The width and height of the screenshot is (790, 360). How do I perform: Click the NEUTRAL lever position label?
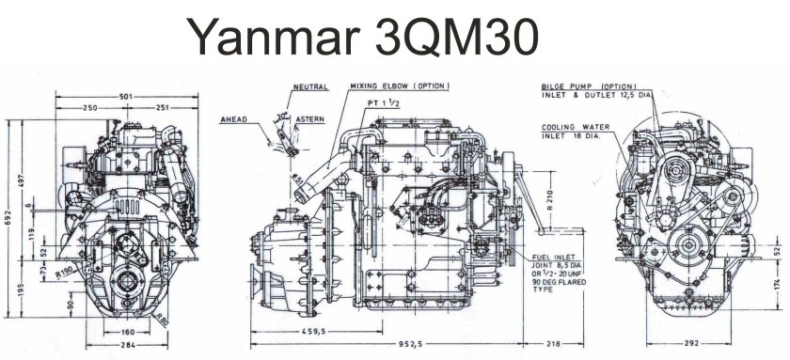click(310, 86)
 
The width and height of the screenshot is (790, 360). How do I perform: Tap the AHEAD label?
click(234, 120)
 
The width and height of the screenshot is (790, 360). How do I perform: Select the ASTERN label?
click(310, 120)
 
